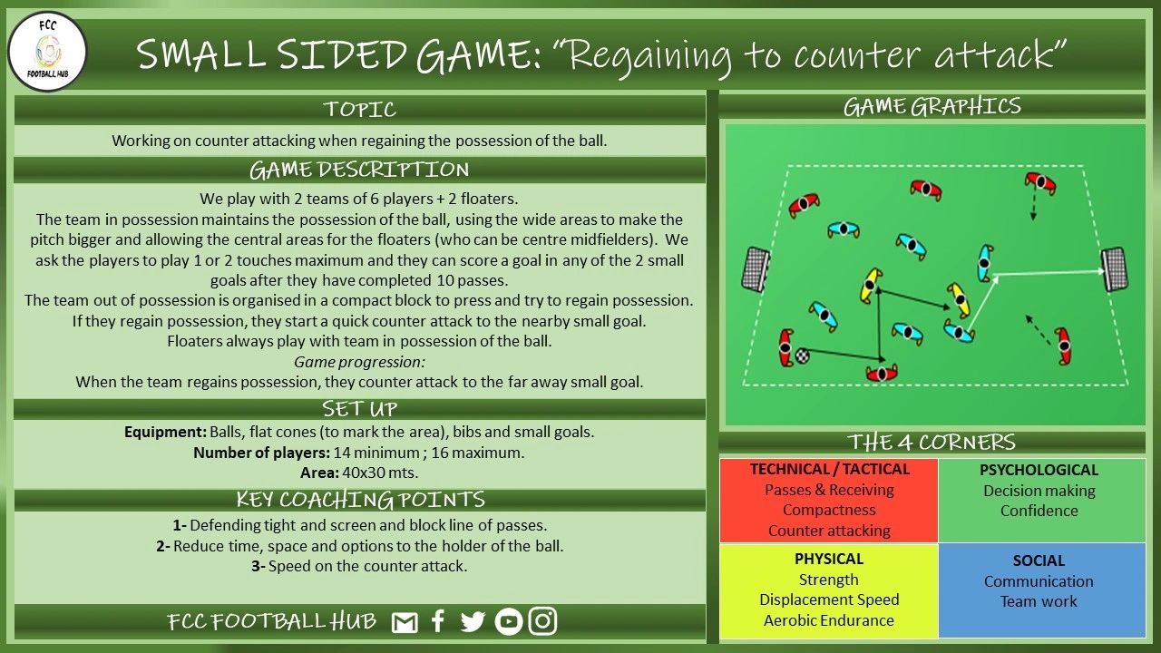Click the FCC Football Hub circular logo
(47, 52)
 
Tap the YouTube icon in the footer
(509, 622)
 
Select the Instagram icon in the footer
(542, 621)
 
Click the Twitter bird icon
(473, 622)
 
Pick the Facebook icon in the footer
(438, 622)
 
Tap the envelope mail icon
(405, 623)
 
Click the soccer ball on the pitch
(803, 355)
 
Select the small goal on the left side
(755, 269)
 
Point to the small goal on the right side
(1114, 269)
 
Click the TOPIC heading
(360, 110)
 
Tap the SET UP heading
(360, 409)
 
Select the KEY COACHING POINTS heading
(360, 500)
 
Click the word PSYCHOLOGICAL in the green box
(1039, 470)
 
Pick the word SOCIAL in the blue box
(1039, 560)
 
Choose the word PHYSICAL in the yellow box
(829, 559)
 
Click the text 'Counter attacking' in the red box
(829, 531)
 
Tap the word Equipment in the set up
(165, 432)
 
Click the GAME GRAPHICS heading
(932, 107)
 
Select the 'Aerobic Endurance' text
(829, 620)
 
